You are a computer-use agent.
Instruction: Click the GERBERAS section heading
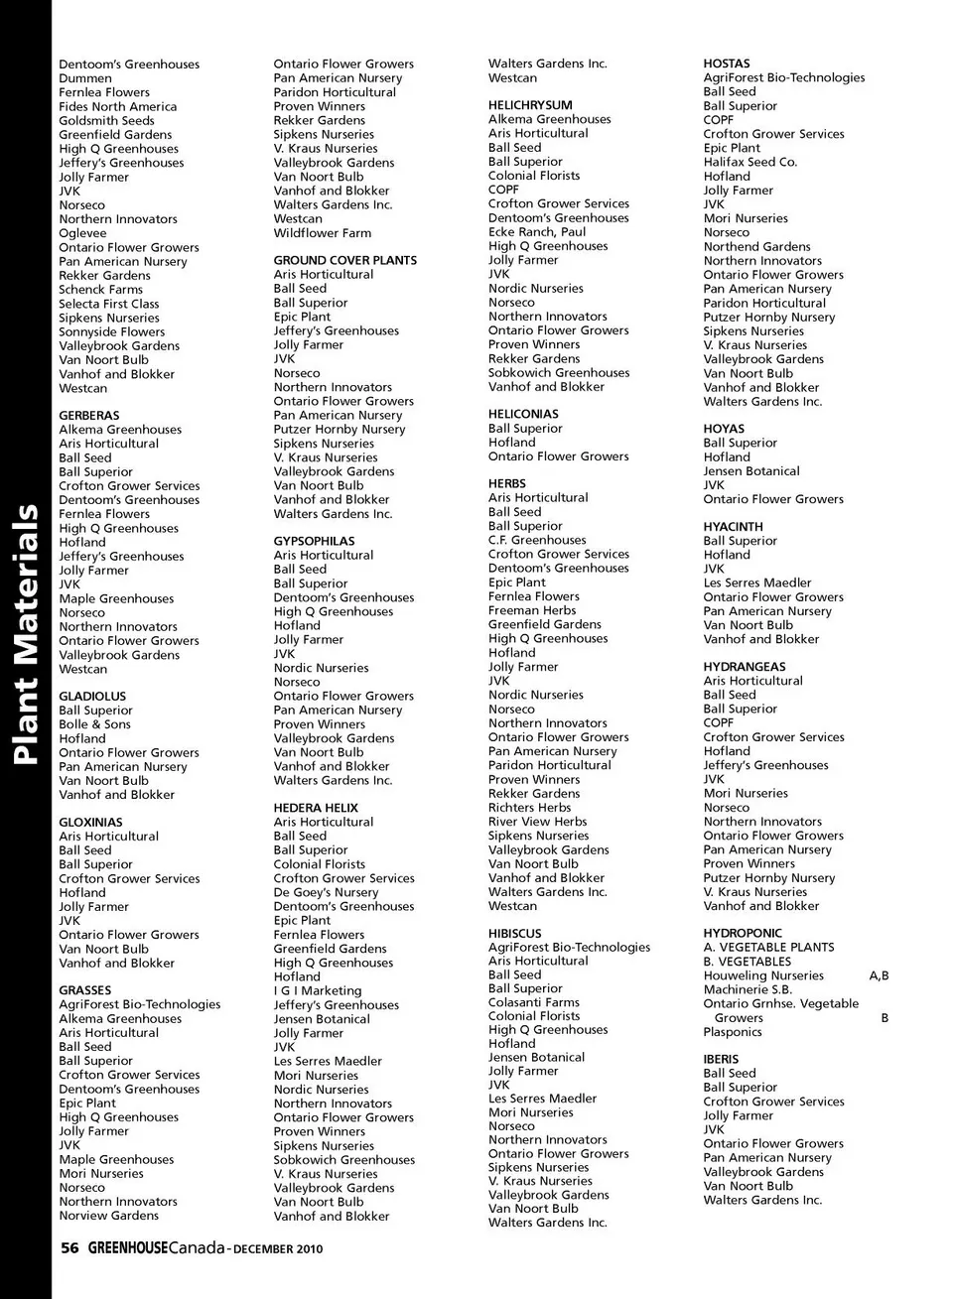point(88,416)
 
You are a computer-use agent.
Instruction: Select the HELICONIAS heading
point(523,414)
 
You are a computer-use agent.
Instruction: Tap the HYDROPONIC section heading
point(743,934)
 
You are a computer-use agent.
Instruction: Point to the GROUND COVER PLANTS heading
point(344,260)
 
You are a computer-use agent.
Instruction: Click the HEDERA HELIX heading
point(316,808)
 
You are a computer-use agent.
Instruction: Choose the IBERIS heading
point(721,1059)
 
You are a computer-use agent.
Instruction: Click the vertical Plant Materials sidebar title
point(26,635)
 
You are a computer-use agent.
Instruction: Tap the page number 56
point(69,1248)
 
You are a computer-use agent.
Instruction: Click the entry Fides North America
point(117,106)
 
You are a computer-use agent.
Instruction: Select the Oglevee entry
point(82,233)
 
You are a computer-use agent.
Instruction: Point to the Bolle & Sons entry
point(94,724)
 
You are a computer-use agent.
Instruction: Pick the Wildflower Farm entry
point(323,233)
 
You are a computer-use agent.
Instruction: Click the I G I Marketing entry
point(318,990)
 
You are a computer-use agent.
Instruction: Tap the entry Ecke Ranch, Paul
point(537,232)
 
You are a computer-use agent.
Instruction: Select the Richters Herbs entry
point(529,808)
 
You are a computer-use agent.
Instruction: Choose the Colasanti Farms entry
point(533,1002)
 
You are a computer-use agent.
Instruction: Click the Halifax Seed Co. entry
point(749,162)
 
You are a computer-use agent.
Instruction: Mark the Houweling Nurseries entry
point(763,975)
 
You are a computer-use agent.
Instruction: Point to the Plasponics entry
point(733,1032)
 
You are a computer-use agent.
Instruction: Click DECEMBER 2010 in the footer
point(278,1248)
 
